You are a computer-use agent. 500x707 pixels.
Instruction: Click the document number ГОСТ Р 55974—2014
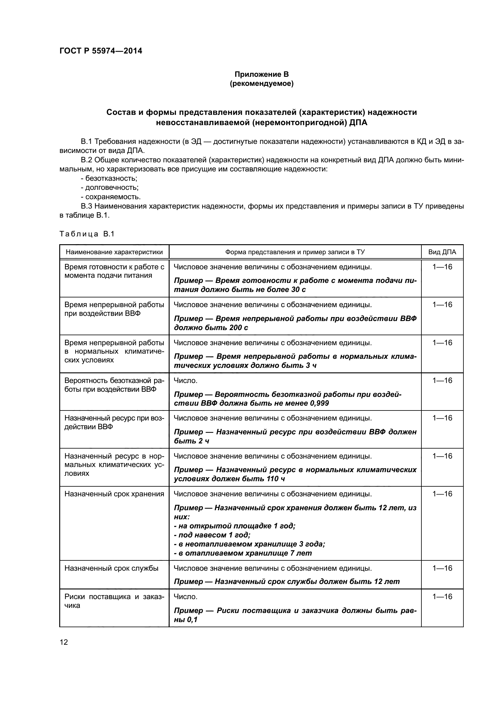[101, 51]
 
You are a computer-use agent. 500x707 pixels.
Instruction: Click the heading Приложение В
[261, 74]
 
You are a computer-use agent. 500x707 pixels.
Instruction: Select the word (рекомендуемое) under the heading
[261, 83]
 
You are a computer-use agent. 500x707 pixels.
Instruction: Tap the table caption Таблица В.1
[86, 234]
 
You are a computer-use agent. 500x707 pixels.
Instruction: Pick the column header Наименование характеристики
[114, 252]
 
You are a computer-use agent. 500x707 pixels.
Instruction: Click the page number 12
[64, 642]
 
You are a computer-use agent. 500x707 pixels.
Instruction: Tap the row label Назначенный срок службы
[111, 568]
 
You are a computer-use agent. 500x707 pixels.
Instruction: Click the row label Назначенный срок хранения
[114, 494]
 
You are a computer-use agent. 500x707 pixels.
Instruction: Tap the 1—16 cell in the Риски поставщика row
[442, 596]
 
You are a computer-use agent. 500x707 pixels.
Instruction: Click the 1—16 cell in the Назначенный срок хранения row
[442, 494]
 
